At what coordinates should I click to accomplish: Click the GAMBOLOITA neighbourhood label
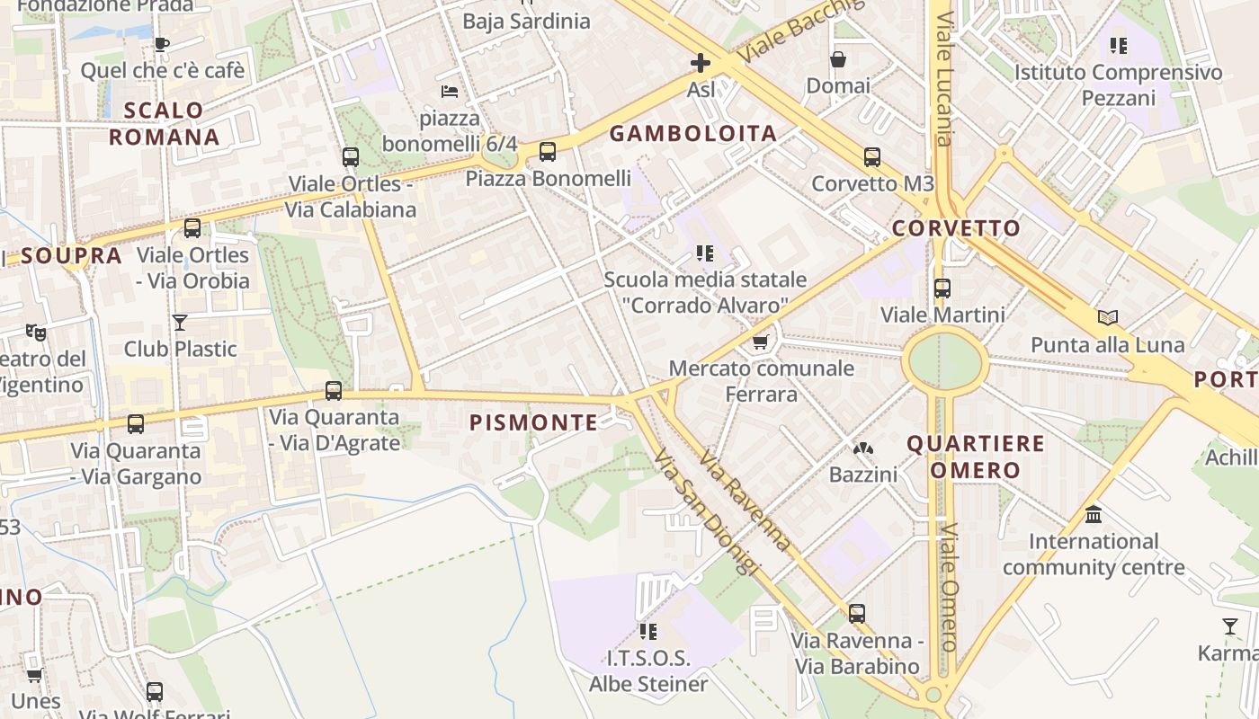[692, 134]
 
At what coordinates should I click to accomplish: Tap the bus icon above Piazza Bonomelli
[548, 152]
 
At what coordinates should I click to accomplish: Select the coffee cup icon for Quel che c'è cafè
[162, 44]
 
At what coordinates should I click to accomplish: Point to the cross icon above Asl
[701, 63]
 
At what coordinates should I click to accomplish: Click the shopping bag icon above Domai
[838, 59]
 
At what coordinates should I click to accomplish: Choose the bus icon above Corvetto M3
[871, 157]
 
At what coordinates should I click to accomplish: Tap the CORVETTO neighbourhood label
[956, 228]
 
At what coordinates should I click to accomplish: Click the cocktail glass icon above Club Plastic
[180, 322]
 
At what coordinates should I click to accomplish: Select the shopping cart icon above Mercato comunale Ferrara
[760, 342]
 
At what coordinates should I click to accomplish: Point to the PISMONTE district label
[533, 422]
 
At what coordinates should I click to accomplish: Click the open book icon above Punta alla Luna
[1107, 317]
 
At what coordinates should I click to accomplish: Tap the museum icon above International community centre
[1094, 515]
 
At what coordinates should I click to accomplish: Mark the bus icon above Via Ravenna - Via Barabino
[857, 614]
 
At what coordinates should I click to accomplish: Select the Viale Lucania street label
[942, 79]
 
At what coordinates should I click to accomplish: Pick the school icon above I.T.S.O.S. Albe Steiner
[647, 631]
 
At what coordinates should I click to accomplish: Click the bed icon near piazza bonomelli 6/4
[450, 92]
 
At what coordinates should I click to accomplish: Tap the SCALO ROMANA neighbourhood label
[164, 123]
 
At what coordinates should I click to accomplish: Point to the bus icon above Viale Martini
[942, 288]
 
